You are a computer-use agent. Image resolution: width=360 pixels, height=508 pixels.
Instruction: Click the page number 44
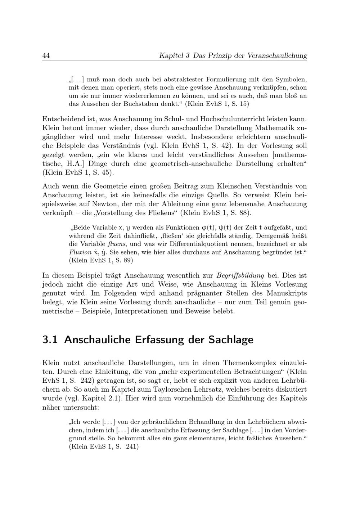[46, 56]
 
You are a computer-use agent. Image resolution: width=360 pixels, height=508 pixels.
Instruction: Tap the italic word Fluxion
[80, 252]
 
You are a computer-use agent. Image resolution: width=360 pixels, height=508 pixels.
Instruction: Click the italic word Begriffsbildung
[240, 275]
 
